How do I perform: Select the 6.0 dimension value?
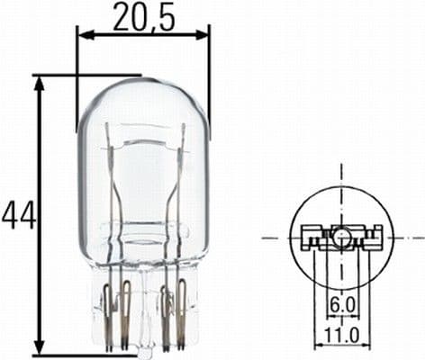tap(341, 307)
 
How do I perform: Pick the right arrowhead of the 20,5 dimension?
tap(204, 36)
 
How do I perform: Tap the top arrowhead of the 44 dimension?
tap(40, 81)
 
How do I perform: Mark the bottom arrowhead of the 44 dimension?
tap(40, 348)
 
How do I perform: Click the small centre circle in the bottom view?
tap(342, 238)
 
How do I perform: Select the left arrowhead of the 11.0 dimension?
tap(316, 346)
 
